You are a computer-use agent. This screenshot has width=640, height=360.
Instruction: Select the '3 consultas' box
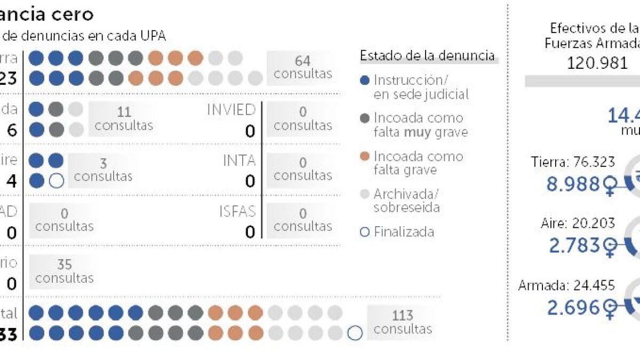103,169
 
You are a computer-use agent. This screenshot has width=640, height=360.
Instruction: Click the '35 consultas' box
64,271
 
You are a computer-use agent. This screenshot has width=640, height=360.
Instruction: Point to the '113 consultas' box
403,321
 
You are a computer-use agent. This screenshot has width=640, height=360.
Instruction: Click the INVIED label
231,110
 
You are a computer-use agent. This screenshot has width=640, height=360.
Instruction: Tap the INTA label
239,160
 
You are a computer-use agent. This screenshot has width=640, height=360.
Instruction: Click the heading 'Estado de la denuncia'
427,56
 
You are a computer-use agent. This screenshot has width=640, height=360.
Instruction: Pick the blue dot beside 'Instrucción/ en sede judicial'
365,81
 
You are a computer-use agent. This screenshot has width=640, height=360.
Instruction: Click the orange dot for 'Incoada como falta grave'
365,157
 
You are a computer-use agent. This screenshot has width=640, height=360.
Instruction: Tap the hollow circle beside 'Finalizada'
365,232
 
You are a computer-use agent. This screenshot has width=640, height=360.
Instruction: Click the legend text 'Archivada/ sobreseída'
407,201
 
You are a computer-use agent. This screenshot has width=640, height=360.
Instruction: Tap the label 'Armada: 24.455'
566,285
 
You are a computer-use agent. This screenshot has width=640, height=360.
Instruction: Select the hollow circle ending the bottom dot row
355,333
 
